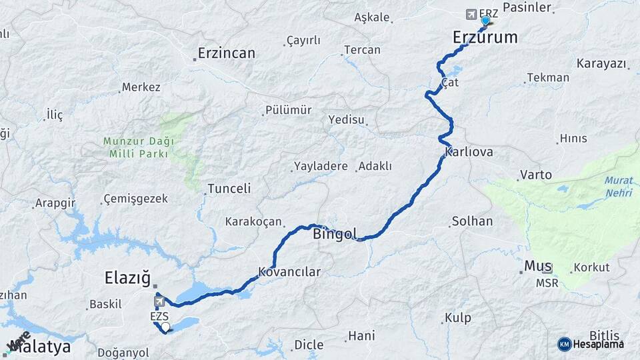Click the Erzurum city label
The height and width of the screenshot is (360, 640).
(485, 37)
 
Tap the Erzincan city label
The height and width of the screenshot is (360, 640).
(227, 53)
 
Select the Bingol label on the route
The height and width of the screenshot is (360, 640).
(335, 234)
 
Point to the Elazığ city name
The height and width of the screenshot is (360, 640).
(127, 277)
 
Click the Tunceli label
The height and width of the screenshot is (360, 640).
(229, 189)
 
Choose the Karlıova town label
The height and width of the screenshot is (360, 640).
(469, 153)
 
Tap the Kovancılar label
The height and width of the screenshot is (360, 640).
(290, 272)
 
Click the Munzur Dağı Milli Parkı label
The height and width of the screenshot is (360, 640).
(138, 147)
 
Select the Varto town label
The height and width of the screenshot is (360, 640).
(536, 175)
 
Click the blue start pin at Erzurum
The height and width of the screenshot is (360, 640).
(485, 21)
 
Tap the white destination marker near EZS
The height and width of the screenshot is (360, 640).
(165, 327)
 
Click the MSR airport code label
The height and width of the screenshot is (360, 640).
(547, 283)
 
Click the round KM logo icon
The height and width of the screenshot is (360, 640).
(565, 344)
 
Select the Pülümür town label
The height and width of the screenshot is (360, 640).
(288, 110)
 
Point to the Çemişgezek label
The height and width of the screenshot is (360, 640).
(136, 199)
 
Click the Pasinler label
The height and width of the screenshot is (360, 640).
(527, 7)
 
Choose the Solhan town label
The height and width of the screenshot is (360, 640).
(472, 221)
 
